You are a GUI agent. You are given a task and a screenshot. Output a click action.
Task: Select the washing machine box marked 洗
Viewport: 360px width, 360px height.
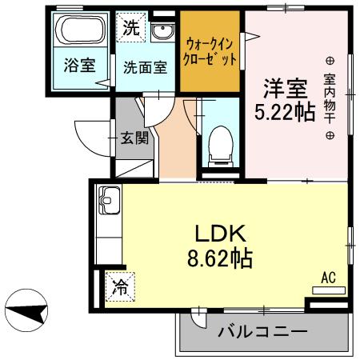130,27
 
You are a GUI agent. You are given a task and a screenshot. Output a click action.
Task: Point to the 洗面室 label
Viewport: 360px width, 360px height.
145,67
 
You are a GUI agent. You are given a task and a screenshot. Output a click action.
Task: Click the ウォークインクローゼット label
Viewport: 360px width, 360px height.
210,51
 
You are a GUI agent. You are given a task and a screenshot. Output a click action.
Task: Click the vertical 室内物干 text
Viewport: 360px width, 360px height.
330,98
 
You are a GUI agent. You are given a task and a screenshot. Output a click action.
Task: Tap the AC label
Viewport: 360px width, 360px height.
327,278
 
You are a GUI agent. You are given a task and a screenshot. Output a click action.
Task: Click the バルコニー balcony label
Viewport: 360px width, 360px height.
262,330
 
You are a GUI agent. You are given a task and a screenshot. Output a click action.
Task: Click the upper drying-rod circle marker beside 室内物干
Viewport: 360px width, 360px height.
330,60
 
